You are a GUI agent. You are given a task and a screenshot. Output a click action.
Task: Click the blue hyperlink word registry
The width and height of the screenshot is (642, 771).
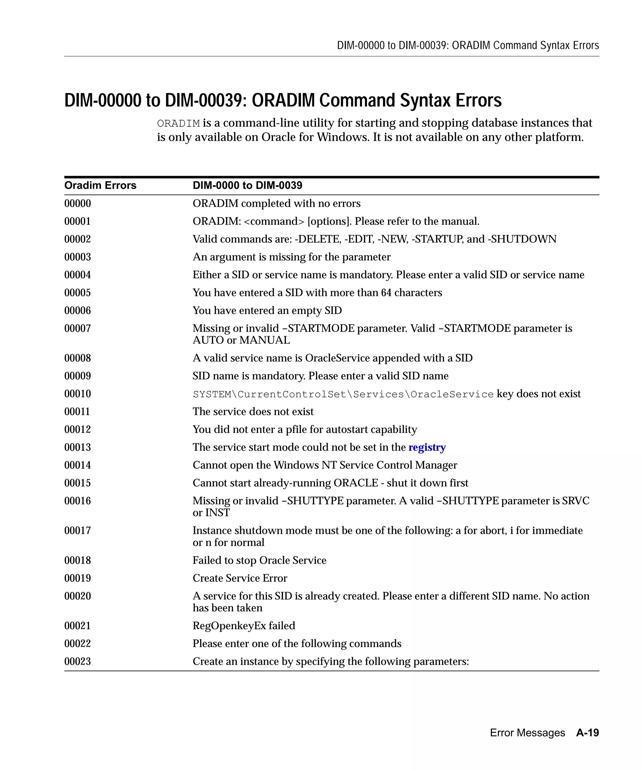427,447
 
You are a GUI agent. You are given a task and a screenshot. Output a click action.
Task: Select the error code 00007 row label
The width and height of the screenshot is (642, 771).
77,328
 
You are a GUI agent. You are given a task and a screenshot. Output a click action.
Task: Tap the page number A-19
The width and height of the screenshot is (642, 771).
587,732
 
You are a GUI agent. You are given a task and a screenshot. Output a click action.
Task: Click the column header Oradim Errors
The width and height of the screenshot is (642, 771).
100,185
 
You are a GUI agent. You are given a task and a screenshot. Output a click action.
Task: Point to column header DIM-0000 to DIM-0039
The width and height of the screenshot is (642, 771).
247,185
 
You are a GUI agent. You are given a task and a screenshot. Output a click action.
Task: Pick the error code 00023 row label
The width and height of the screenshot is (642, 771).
77,661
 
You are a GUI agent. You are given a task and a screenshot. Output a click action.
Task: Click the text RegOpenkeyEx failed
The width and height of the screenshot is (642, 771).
244,625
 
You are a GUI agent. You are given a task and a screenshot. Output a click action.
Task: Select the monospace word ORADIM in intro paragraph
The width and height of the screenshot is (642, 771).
178,123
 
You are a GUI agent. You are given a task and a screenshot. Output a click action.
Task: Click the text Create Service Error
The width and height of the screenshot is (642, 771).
239,578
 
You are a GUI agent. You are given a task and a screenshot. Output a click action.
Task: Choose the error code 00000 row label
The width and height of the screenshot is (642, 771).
77,203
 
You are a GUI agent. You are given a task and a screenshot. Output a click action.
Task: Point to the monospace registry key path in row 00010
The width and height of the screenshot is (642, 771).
343,394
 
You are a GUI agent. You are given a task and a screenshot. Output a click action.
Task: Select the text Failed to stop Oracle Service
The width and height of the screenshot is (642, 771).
259,560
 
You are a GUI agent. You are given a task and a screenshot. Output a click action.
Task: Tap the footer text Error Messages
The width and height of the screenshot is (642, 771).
527,732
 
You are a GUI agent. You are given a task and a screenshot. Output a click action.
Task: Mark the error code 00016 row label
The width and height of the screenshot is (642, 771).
77,501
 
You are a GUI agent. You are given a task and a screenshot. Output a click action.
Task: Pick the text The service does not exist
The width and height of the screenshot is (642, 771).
253,412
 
